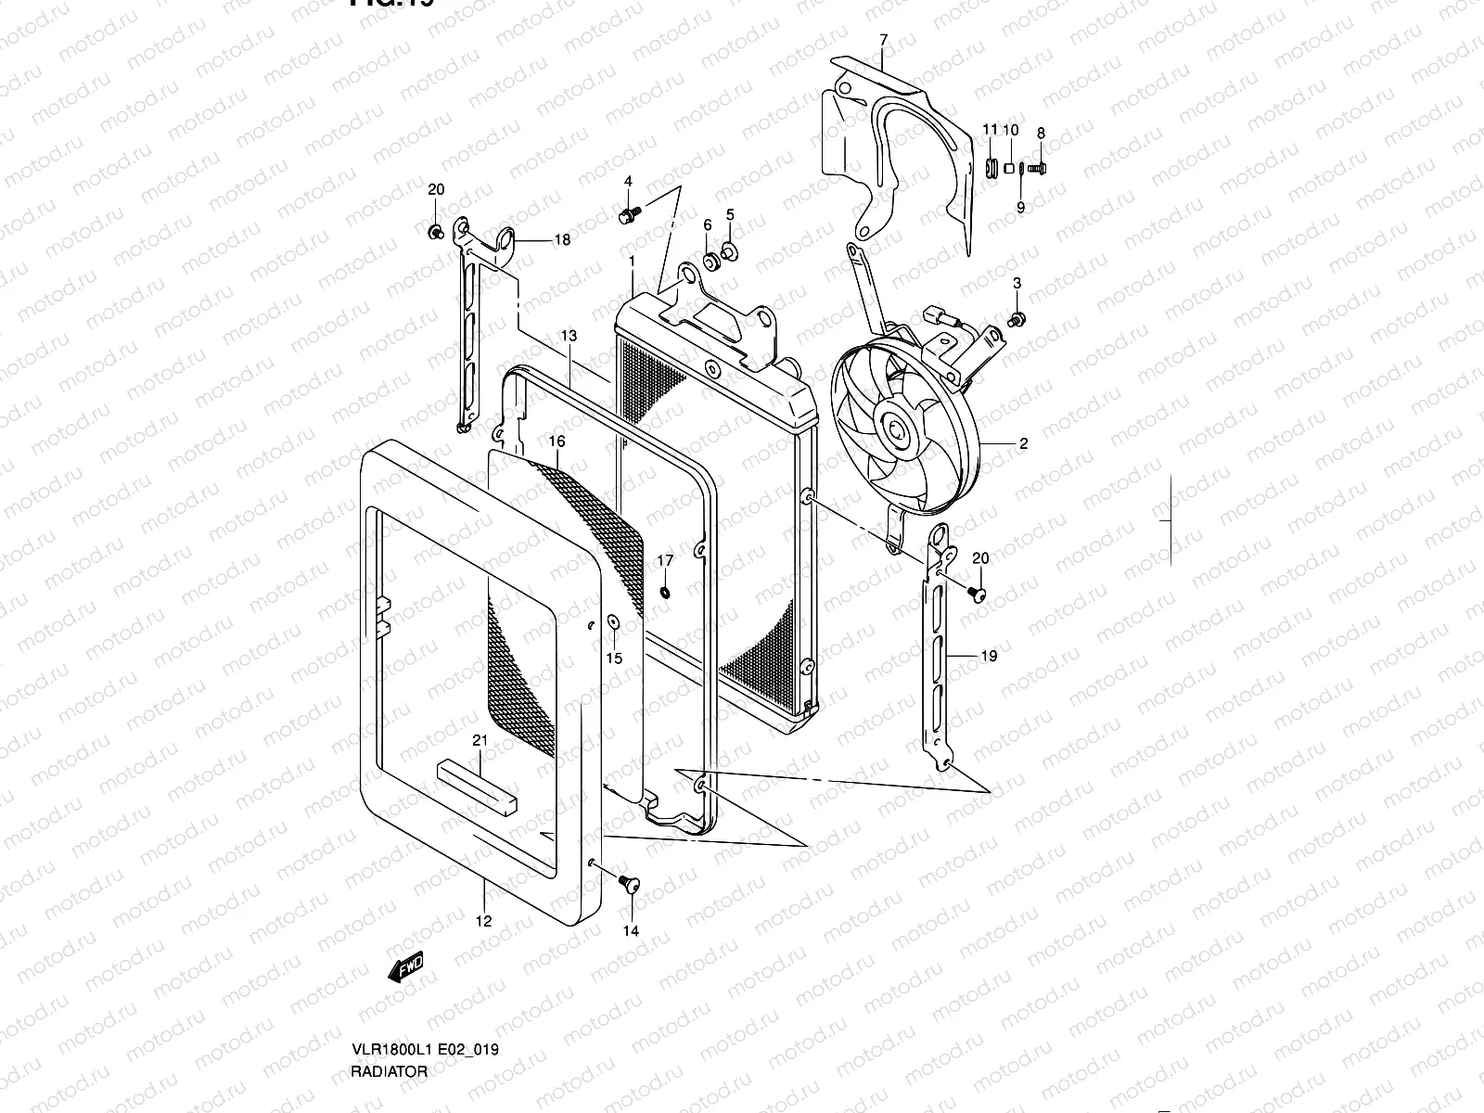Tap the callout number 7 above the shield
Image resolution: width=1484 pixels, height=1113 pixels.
[x=883, y=39]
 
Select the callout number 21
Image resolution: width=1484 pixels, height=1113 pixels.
[x=480, y=740]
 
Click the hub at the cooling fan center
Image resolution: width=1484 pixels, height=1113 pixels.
[x=897, y=430]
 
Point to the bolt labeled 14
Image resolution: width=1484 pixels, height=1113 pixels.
[x=632, y=884]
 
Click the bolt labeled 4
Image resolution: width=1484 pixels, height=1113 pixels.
[x=626, y=216]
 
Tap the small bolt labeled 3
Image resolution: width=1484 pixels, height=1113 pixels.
[x=1017, y=319]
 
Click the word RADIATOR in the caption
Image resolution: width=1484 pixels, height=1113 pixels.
[x=390, y=1070]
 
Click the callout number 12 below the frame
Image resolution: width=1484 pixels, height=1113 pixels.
[x=483, y=921]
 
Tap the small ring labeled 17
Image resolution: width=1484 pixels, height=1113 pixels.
[x=666, y=592]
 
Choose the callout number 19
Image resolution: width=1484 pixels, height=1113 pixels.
[x=989, y=656]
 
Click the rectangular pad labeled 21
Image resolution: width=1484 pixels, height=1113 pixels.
[x=478, y=784]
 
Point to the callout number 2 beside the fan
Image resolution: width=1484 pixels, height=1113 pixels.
[x=1023, y=443]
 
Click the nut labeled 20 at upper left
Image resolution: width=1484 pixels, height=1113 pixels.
[x=435, y=230]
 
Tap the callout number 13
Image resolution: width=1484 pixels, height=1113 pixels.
[x=569, y=335]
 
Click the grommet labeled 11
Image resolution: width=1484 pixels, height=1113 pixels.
[x=990, y=169]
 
